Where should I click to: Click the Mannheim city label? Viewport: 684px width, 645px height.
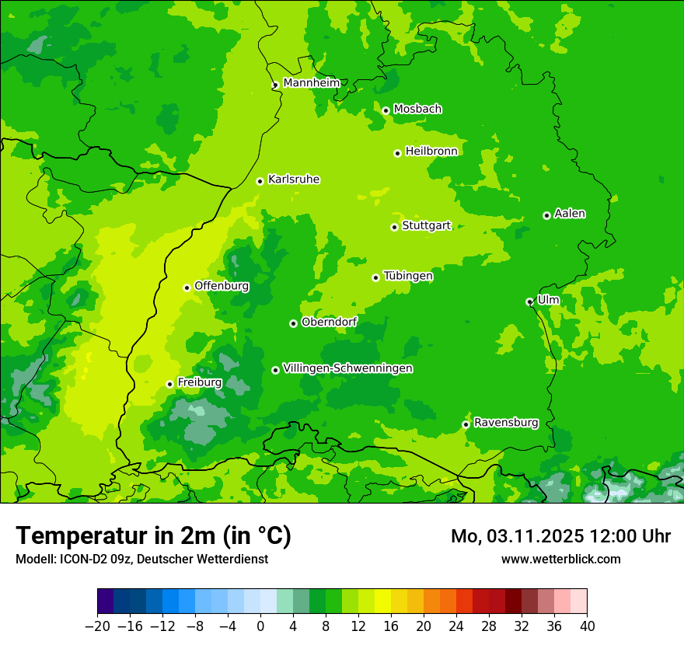tap(311, 82)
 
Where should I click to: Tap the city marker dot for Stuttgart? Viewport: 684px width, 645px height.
tap(394, 227)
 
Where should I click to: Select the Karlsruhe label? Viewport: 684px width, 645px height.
tap(293, 179)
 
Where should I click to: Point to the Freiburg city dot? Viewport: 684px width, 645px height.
tap(169, 384)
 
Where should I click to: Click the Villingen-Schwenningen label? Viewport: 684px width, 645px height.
tap(347, 368)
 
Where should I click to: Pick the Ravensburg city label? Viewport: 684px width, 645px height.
tap(505, 423)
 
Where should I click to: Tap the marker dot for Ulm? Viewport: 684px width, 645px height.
tap(529, 302)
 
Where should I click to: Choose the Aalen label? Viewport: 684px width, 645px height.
tap(570, 214)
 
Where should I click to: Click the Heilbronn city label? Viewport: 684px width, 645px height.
tap(431, 151)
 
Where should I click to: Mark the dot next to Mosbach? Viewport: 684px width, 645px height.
tap(386, 110)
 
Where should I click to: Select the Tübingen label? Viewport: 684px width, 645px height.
tap(408, 276)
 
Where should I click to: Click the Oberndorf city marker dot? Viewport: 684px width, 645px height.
tap(293, 323)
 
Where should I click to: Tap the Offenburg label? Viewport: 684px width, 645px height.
tap(222, 285)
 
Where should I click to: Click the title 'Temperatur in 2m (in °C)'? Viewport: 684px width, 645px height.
tap(153, 535)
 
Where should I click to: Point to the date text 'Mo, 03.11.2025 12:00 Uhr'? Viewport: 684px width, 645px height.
tap(560, 536)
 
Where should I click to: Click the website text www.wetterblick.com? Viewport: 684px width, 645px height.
tap(560, 559)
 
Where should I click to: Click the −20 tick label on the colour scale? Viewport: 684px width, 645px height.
tap(97, 626)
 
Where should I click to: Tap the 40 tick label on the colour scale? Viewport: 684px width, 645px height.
tap(587, 626)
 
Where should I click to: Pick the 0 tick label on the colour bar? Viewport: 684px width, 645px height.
tap(260, 626)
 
